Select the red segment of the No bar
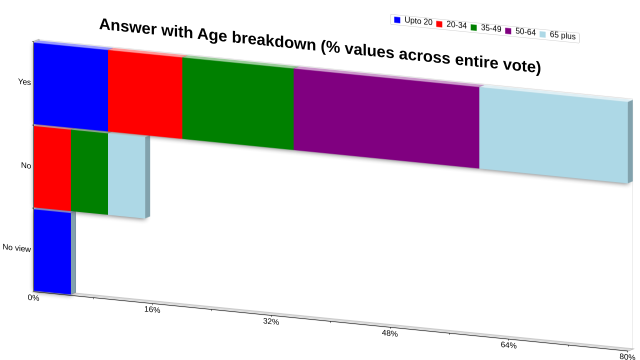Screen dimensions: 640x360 pyautogui.click(x=52, y=168)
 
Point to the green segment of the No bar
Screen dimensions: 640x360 pyautogui.click(x=89, y=172)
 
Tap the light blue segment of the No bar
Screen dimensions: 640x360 pyautogui.click(x=126, y=176)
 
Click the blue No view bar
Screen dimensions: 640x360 pyautogui.click(x=52, y=252)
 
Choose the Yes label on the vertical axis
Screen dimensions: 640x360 pyautogui.click(x=24, y=82)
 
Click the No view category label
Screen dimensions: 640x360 pyautogui.click(x=16, y=248)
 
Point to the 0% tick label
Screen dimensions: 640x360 pyautogui.click(x=33, y=297)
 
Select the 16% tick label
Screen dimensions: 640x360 pyautogui.click(x=152, y=309)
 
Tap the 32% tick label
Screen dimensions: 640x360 pyautogui.click(x=271, y=321)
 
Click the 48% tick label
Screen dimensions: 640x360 pyautogui.click(x=389, y=333)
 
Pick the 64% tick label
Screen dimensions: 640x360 pyautogui.click(x=508, y=345)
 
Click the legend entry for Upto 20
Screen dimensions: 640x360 pyautogui.click(x=413, y=21)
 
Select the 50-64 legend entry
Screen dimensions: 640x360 pyautogui.click(x=520, y=31)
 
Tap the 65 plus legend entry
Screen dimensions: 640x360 pyautogui.click(x=557, y=35)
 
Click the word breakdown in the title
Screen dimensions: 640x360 pyautogui.click(x=274, y=42)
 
